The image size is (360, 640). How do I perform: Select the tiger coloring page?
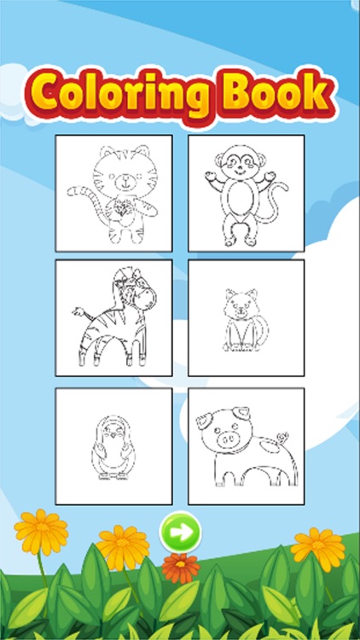tap(113, 192)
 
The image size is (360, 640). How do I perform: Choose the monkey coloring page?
tap(246, 192)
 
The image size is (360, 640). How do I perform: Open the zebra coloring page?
tap(113, 317)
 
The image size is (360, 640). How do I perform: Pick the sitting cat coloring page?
tap(246, 317)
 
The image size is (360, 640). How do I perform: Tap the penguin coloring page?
tap(113, 445)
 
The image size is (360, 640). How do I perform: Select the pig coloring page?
tap(246, 445)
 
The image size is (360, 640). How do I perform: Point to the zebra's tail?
tap(78, 311)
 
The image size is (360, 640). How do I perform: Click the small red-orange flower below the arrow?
tap(180, 567)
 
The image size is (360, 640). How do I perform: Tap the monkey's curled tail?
tap(271, 213)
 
